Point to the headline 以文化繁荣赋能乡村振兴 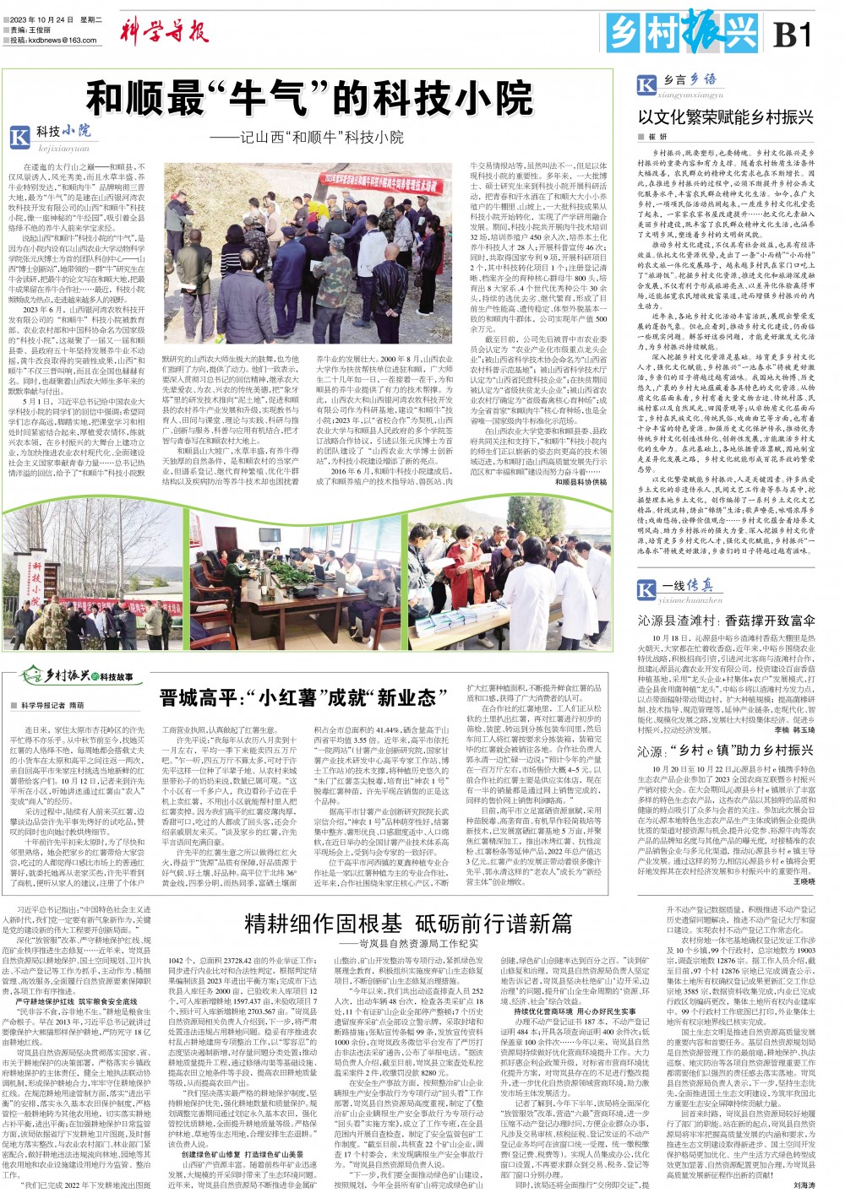tap(725, 117)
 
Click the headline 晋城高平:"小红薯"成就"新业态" tap(303, 697)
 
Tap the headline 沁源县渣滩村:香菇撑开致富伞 tap(726, 620)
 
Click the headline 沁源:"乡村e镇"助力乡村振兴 tap(725, 750)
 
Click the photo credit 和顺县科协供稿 tap(581, 481)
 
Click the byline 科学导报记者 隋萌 tap(49, 705)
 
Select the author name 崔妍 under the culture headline tap(657, 137)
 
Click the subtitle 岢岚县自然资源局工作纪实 tap(409, 943)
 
